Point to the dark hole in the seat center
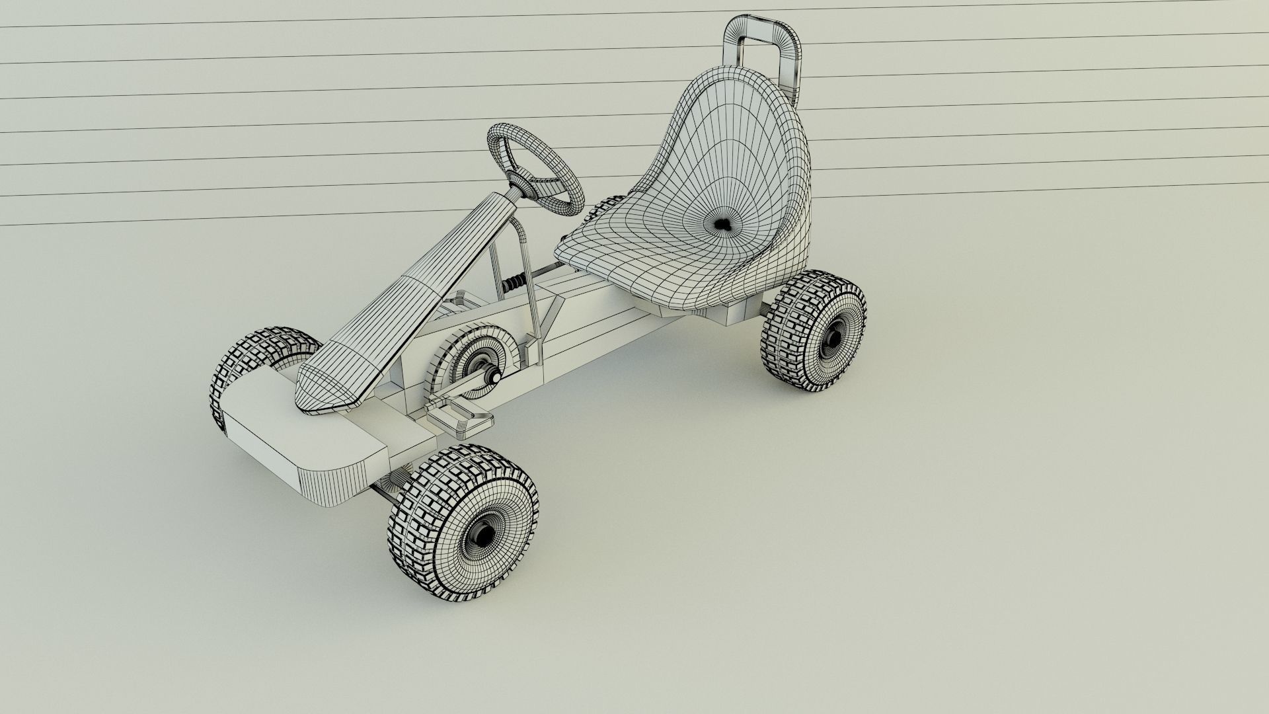[724, 225]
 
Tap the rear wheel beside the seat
[814, 331]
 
